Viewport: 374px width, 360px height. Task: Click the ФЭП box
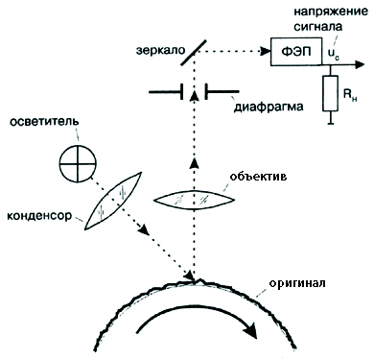[x=296, y=52]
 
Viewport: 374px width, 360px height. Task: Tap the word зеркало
[x=161, y=51]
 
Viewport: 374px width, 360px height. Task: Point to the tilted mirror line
[x=194, y=53]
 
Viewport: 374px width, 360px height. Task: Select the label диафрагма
[x=269, y=107]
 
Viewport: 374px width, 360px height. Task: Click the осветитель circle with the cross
[x=78, y=164]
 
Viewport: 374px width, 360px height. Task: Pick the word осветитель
[x=44, y=122]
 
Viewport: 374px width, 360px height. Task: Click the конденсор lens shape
[x=113, y=201]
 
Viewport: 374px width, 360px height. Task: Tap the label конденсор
[x=39, y=216]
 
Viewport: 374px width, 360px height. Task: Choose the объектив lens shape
[x=194, y=200]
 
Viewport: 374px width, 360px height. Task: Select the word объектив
[x=258, y=177]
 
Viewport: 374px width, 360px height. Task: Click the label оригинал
[x=297, y=284]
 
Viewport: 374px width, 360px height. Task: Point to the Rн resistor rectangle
[x=330, y=93]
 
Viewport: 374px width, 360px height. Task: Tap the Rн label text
[x=350, y=95]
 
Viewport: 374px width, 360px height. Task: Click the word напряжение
[x=331, y=12]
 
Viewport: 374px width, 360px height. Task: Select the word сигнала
[x=318, y=27]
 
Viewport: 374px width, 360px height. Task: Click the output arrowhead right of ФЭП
[x=360, y=64]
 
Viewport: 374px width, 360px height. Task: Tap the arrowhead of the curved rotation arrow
[x=251, y=330]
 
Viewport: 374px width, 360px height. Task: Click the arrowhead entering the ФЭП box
[x=266, y=51]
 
